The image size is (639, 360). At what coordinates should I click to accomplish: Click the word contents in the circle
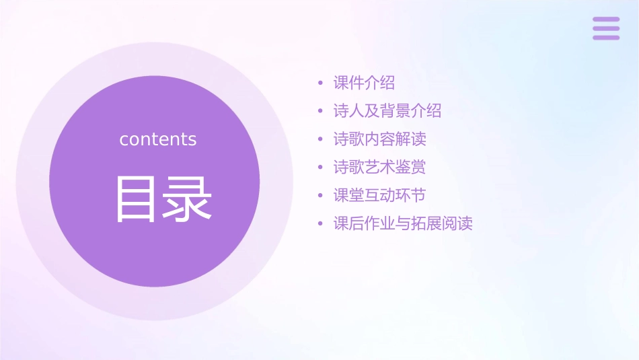click(158, 139)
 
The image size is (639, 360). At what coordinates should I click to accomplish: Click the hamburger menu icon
click(606, 28)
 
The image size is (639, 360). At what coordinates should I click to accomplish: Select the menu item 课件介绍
click(364, 83)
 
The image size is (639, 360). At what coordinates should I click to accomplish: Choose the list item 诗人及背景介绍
click(387, 111)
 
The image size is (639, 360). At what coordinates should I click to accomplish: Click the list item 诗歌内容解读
click(380, 139)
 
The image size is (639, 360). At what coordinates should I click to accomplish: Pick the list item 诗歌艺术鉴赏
click(380, 167)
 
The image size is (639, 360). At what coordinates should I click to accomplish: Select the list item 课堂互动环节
click(380, 195)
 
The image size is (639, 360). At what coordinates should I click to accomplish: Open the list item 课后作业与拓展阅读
click(403, 223)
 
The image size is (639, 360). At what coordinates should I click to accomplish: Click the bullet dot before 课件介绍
click(321, 84)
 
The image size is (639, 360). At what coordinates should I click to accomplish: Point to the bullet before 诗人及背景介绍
click(321, 112)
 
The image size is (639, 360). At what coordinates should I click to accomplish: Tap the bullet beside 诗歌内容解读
click(321, 140)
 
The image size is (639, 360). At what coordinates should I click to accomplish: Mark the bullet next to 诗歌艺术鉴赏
click(321, 168)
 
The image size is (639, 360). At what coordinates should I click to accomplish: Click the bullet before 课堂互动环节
click(321, 196)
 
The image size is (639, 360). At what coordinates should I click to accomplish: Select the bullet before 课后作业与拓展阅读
click(321, 224)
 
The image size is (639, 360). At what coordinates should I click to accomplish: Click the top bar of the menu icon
click(606, 20)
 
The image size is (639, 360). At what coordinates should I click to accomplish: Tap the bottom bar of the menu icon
click(606, 37)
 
